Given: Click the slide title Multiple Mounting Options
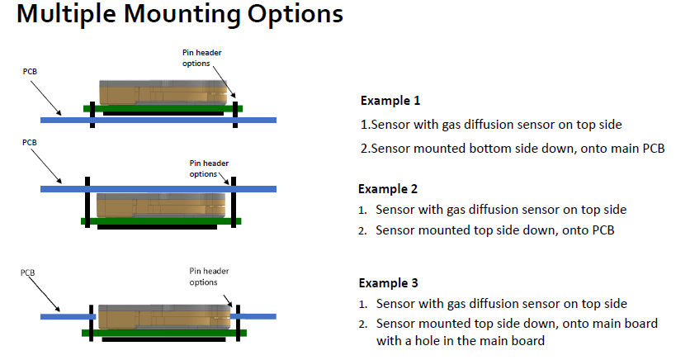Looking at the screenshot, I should tap(179, 15).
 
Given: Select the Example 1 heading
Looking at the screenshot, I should tap(390, 101).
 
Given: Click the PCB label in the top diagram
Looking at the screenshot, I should tap(29, 73).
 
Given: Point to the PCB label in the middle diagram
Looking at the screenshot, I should tap(29, 142).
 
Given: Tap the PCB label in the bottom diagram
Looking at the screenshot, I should tap(28, 272).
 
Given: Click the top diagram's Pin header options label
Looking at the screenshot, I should tap(202, 58).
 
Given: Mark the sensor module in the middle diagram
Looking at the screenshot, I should tap(160, 206).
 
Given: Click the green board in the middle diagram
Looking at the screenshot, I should tap(161, 220).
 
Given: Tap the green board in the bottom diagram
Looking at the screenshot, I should tap(161, 333).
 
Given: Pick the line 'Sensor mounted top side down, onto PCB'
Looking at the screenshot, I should tap(495, 230).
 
